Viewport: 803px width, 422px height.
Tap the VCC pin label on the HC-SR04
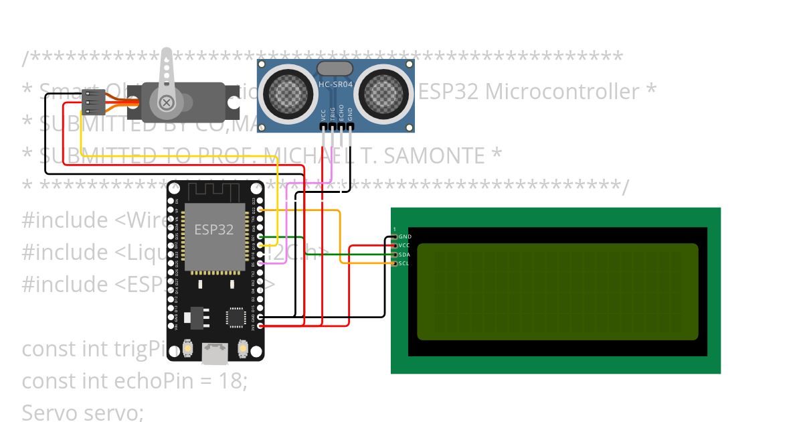324,115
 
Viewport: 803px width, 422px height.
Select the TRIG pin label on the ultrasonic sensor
333,113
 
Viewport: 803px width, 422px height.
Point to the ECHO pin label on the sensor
341,113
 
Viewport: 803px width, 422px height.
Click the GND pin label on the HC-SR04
350,114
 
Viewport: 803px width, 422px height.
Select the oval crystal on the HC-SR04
335,68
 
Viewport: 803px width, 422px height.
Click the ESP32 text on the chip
214,229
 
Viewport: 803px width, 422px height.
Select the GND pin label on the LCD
405,237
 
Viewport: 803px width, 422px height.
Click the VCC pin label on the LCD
404,246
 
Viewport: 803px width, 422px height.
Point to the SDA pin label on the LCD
404,255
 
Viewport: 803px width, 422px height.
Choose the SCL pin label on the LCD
404,263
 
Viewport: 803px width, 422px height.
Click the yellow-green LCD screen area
557,291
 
